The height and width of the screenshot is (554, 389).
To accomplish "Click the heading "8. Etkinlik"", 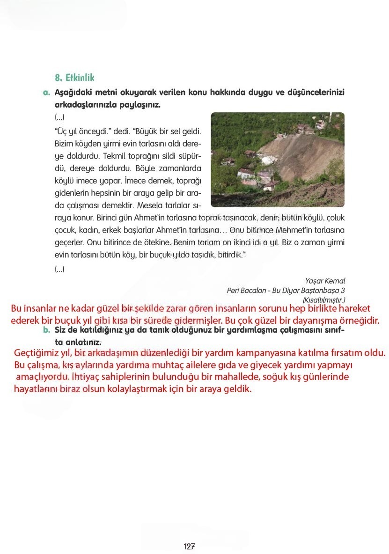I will pyautogui.click(x=75, y=78).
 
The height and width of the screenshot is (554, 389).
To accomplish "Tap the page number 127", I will pyautogui.click(x=189, y=546).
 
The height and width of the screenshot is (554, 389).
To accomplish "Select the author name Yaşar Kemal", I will pyautogui.click(x=325, y=281).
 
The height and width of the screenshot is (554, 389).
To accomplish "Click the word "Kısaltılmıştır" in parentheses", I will pyautogui.click(x=323, y=300).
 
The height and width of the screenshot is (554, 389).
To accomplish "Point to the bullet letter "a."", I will pyautogui.click(x=46, y=93).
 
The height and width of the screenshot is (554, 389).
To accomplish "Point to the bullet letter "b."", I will pyautogui.click(x=46, y=330).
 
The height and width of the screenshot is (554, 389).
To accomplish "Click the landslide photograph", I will pyautogui.click(x=278, y=160).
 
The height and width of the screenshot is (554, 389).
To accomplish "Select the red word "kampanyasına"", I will pyautogui.click(x=266, y=353).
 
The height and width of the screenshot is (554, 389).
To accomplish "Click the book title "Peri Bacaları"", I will pyautogui.click(x=246, y=291).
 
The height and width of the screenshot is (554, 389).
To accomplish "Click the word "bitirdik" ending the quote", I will pyautogui.click(x=232, y=255).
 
